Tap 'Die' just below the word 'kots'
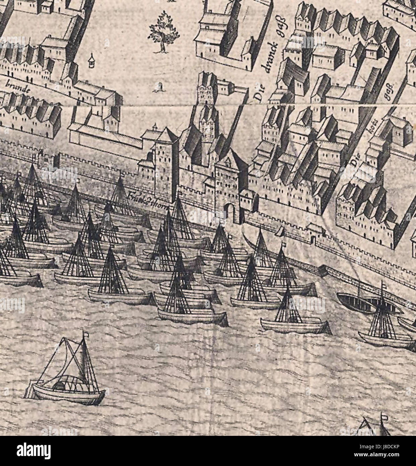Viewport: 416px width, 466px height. pyautogui.click(x=355, y=164)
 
